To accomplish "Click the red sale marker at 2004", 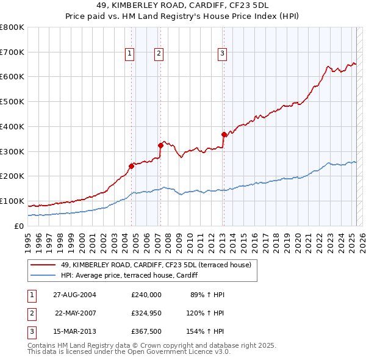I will coord(131,165).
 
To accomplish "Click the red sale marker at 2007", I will coord(160,145).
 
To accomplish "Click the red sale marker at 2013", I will coord(224,134).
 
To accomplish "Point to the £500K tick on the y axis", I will coord(12,101).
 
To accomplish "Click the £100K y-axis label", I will coord(12,201).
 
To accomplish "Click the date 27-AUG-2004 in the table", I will coord(75,294).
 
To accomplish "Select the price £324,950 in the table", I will coord(146,312).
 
